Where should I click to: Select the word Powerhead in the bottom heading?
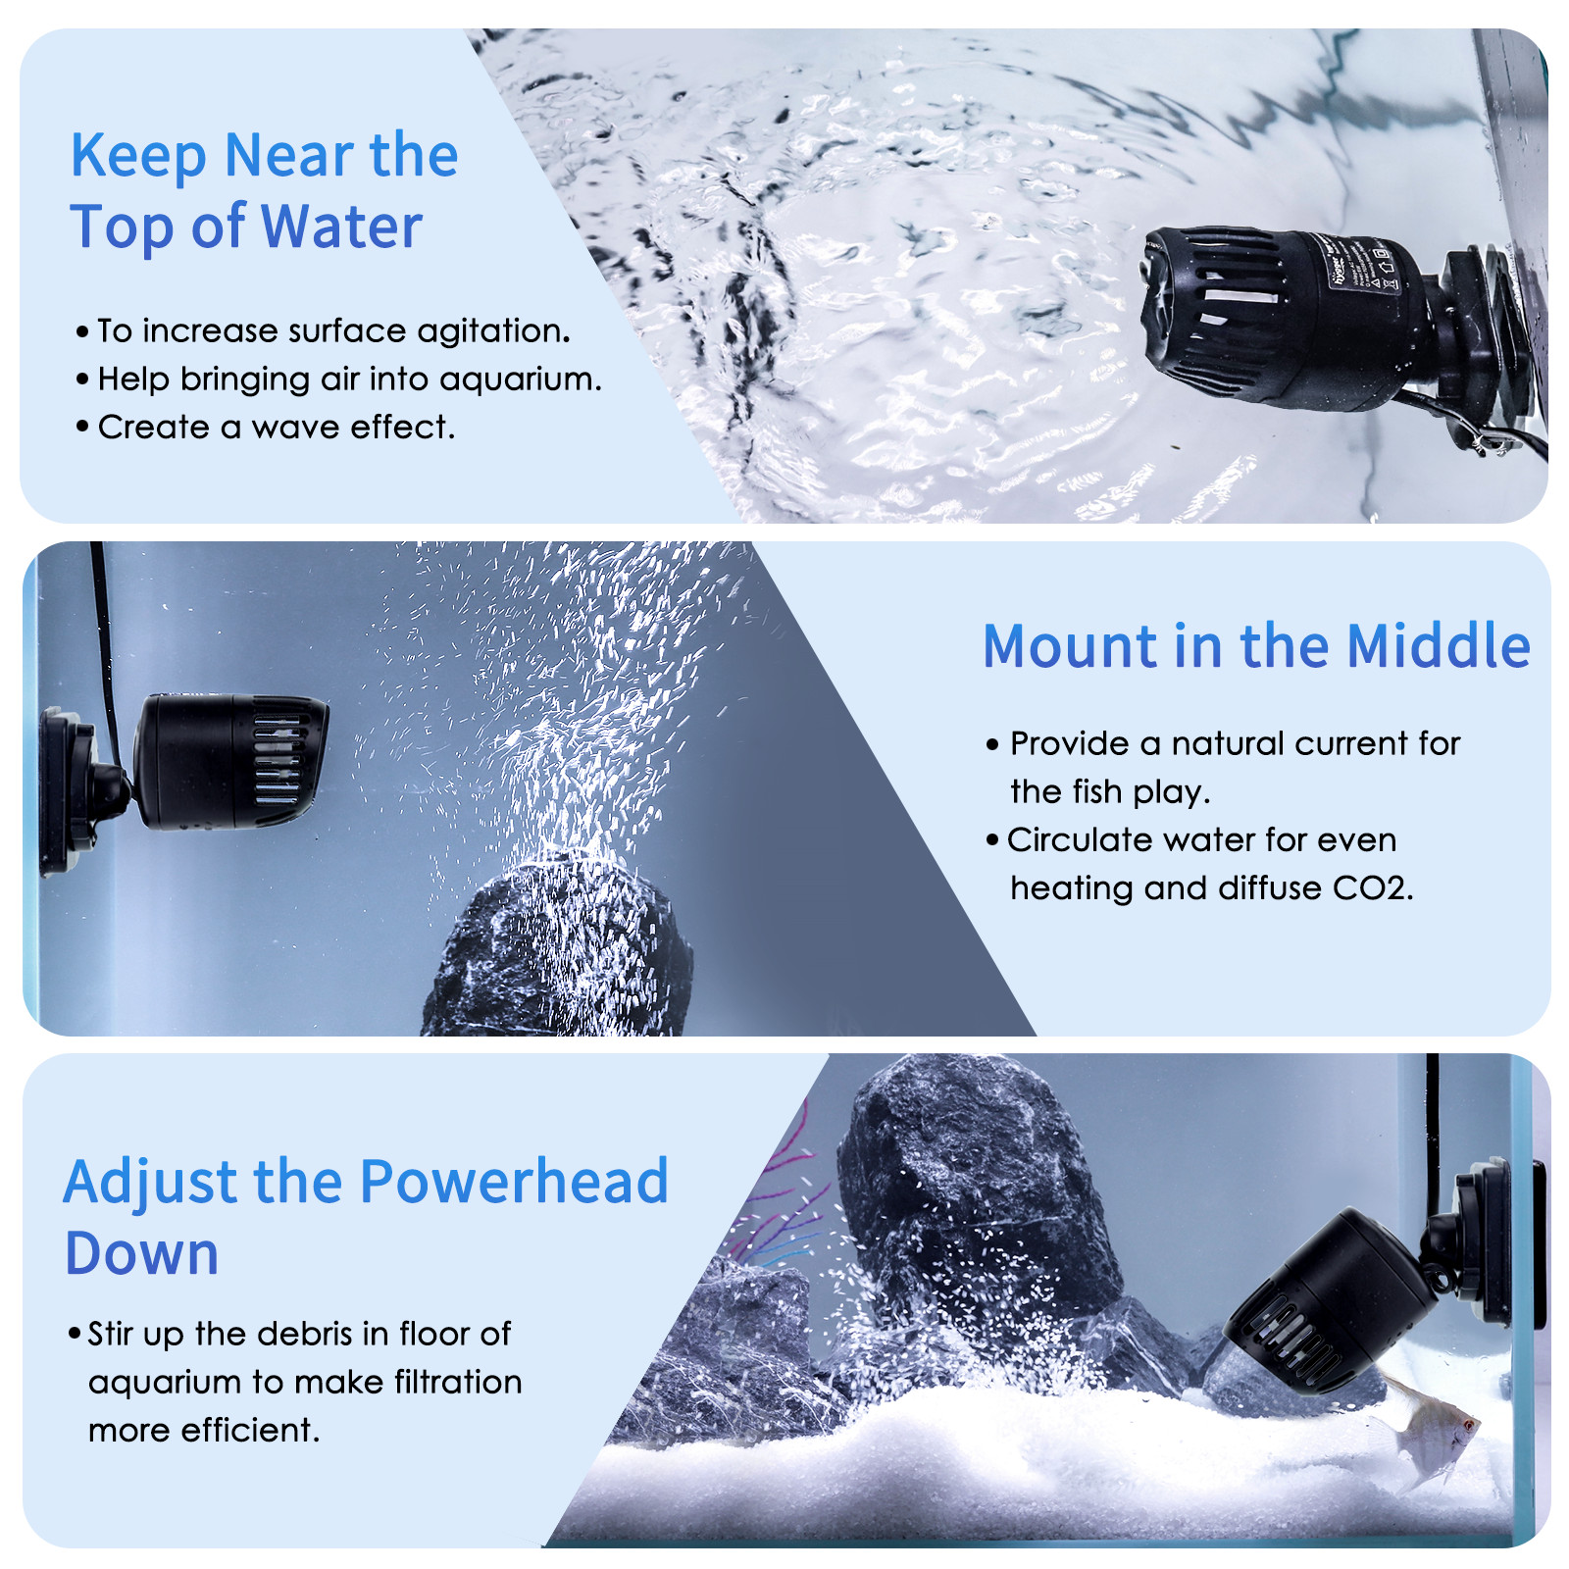point(514,1183)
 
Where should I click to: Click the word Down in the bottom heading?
point(141,1255)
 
